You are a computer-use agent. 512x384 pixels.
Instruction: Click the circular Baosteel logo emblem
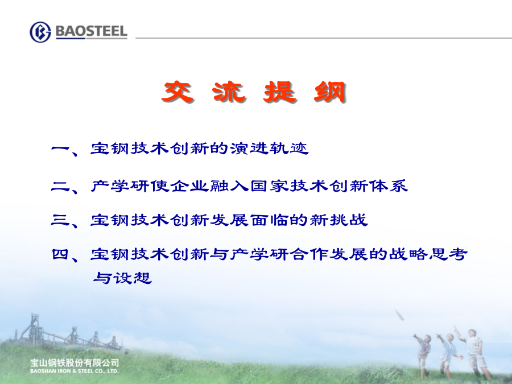[x=40, y=32]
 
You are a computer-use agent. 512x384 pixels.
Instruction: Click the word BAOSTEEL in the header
[x=92, y=31]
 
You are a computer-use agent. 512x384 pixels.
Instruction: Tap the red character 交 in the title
[x=177, y=92]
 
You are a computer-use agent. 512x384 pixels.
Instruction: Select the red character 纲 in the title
[x=330, y=92]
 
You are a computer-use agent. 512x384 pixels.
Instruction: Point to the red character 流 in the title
[x=229, y=92]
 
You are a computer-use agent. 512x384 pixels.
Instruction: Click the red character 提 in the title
[x=280, y=92]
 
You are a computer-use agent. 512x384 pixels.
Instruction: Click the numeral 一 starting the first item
[x=61, y=149]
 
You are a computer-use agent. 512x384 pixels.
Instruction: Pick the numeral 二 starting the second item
[x=61, y=186]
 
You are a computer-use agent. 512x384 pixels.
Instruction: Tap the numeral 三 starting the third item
[x=61, y=220]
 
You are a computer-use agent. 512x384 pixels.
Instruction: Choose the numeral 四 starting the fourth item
[x=61, y=254]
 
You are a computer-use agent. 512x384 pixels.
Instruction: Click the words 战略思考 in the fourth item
[x=428, y=254]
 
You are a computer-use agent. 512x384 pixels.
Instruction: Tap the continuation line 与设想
[x=122, y=278]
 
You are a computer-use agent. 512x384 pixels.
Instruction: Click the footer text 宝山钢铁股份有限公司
[x=75, y=363]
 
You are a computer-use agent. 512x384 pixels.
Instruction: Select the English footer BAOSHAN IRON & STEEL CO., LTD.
[x=74, y=371]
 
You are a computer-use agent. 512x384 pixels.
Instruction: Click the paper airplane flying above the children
[x=400, y=315]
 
